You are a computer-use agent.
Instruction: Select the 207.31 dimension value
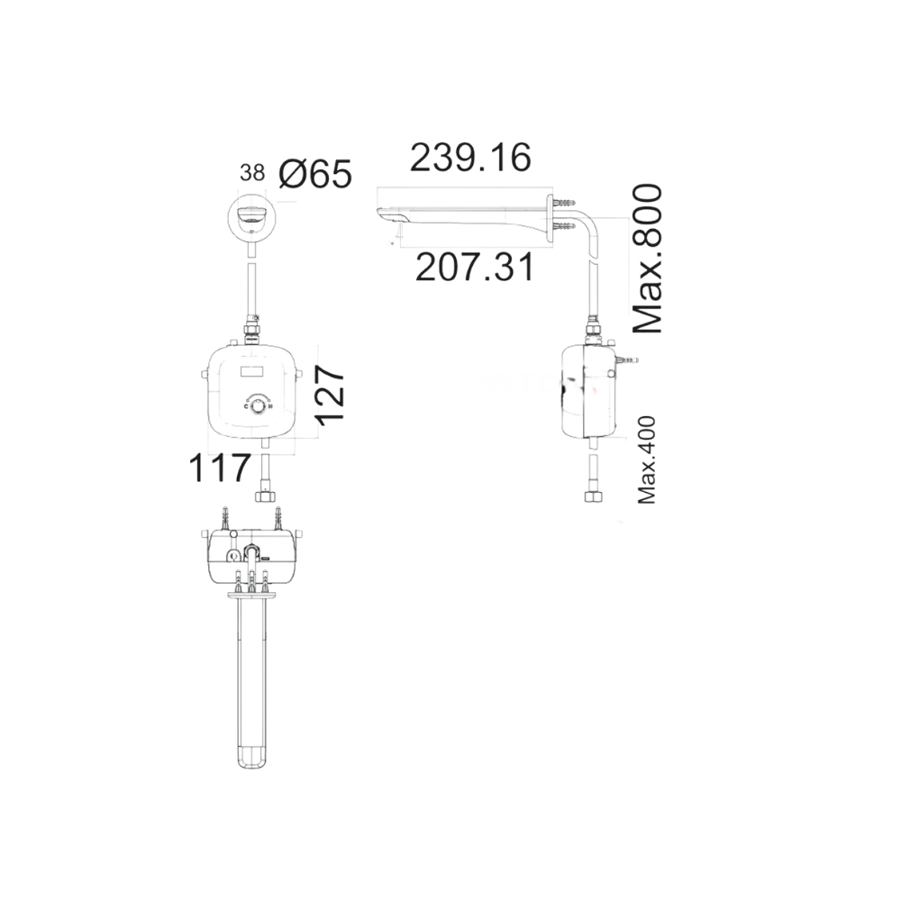pyautogui.click(x=474, y=268)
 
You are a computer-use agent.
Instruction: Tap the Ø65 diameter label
pyautogui.click(x=314, y=174)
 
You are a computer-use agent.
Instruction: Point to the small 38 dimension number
pyautogui.click(x=253, y=173)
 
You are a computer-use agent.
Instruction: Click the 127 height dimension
pyautogui.click(x=330, y=394)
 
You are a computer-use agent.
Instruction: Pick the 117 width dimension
pyautogui.click(x=219, y=469)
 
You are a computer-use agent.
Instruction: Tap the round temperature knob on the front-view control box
pyautogui.click(x=259, y=407)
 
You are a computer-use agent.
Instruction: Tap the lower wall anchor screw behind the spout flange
pyautogui.click(x=563, y=228)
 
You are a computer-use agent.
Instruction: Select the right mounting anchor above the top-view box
pyautogui.click(x=278, y=517)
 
